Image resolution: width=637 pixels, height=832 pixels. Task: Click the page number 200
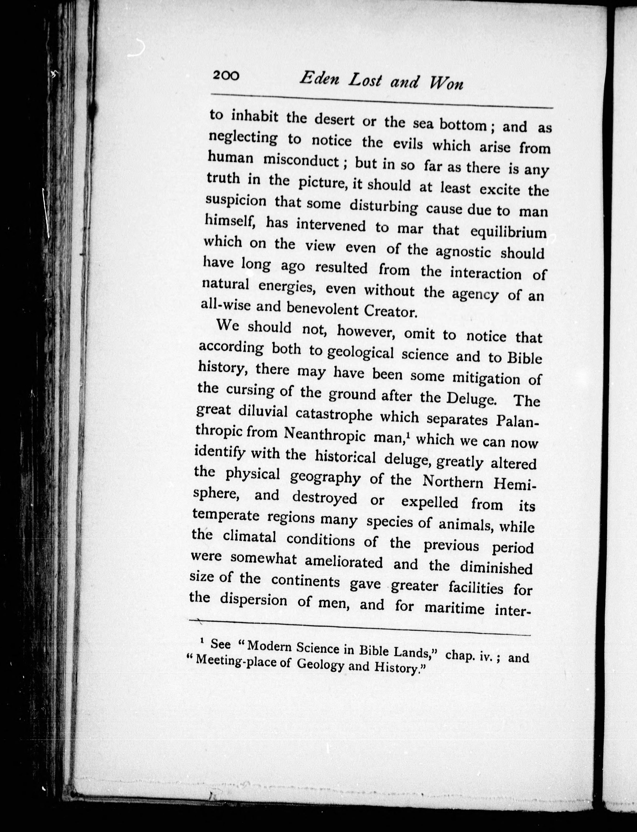(226, 75)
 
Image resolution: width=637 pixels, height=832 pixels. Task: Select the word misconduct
(301, 161)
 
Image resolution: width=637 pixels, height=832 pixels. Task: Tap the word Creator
(391, 311)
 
